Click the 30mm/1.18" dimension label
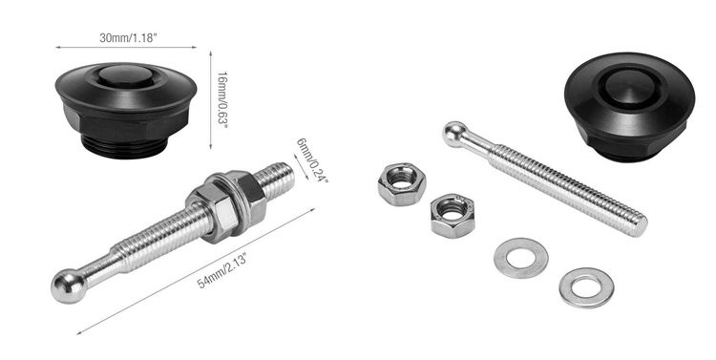tap(128, 38)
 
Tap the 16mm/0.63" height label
tap(221, 100)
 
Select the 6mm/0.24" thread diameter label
tap(312, 160)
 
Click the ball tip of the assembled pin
tap(69, 286)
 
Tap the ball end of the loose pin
tap(454, 134)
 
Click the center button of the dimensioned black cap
tap(126, 75)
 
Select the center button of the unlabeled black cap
tap(630, 87)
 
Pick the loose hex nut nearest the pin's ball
tap(402, 183)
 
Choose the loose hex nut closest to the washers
tap(453, 214)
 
